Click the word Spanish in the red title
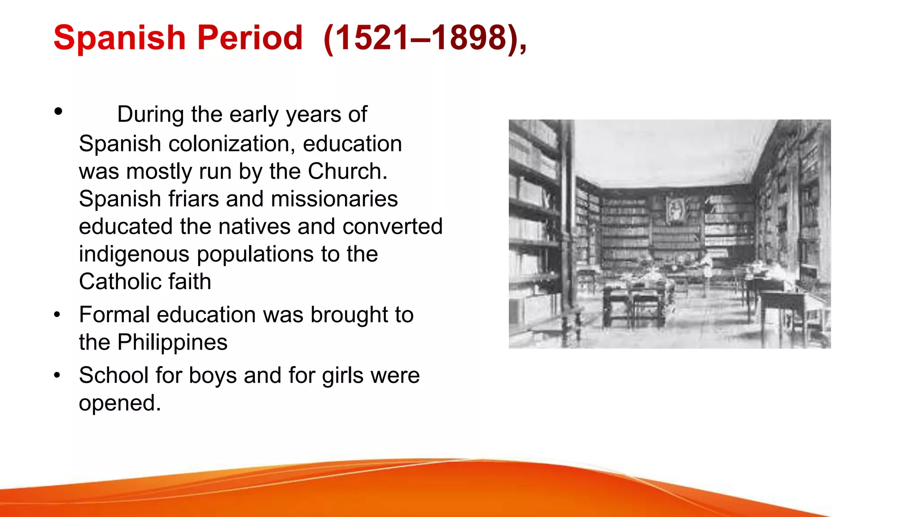119,38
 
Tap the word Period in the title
250,38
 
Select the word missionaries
334,199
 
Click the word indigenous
135,255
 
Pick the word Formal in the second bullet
114,315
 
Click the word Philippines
172,342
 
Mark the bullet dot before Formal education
57,315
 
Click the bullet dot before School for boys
57,376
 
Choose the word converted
393,227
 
